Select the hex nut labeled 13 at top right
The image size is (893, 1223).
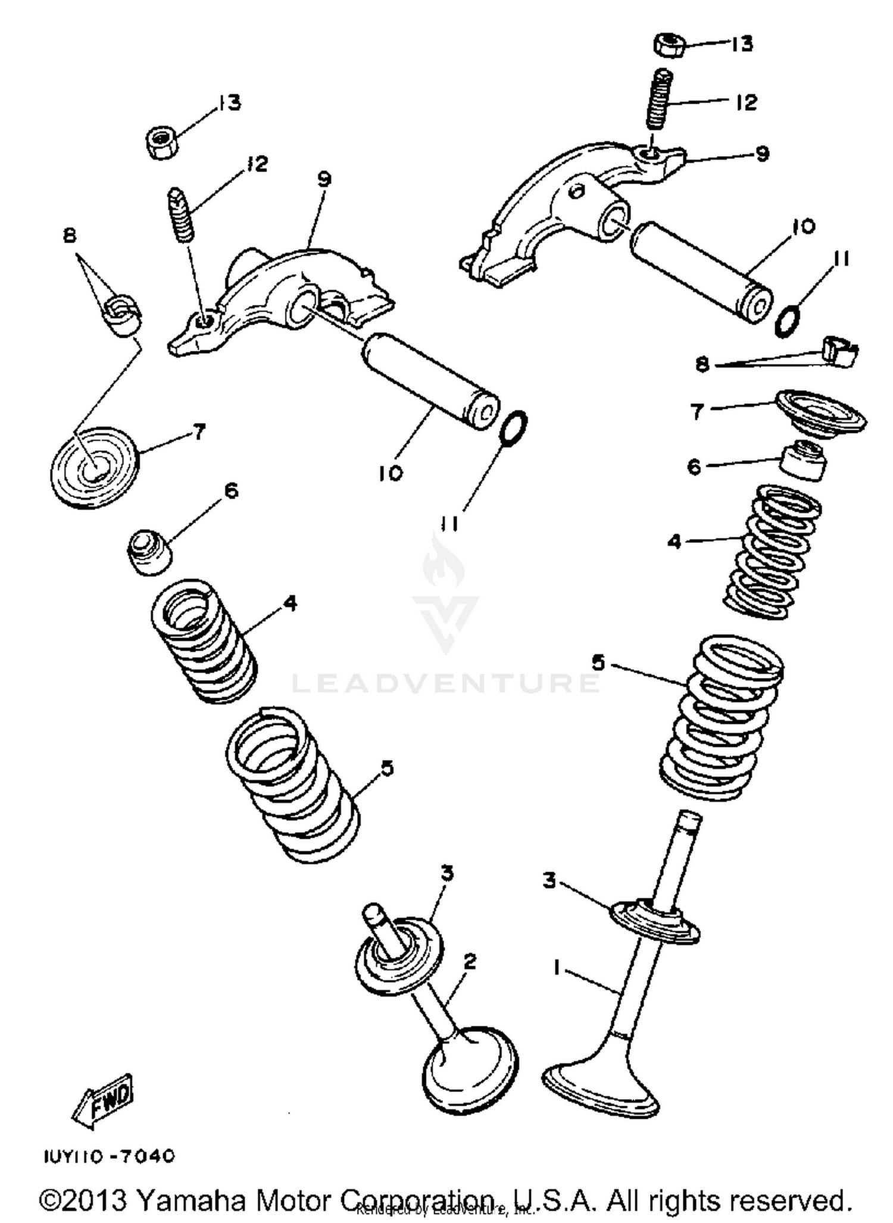pyautogui.click(x=670, y=45)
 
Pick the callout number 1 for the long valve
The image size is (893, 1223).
pyautogui.click(x=557, y=969)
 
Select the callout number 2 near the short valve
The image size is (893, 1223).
pyautogui.click(x=470, y=961)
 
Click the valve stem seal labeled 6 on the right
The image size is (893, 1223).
pyautogui.click(x=803, y=461)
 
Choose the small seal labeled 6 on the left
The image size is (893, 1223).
pyautogui.click(x=149, y=552)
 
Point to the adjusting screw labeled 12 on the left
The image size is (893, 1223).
pyautogui.click(x=181, y=214)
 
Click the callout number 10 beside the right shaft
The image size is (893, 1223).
pyautogui.click(x=804, y=226)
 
